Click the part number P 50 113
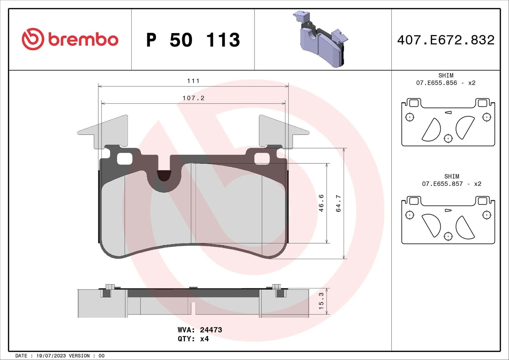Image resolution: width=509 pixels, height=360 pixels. pos(193,40)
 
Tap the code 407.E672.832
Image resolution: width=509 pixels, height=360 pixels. pos(445,40)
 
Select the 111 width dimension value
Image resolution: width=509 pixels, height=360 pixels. pos(193,81)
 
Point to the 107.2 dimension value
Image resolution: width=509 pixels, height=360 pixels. pos(193,98)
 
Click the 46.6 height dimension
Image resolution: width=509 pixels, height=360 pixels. pos(321,203)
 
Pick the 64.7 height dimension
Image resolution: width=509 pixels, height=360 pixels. pos(338,203)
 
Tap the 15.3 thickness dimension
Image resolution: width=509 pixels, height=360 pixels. pos(321,301)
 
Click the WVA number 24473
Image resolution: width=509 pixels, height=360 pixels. pos(211,330)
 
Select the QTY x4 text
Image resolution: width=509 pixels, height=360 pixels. pos(193,339)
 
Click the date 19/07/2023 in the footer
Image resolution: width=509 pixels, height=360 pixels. pos(51,356)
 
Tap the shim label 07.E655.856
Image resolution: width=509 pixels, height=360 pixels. pos(436,83)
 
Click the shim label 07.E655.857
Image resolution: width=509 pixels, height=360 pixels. pos(442,184)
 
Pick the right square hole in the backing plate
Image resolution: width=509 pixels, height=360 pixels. pos(262,159)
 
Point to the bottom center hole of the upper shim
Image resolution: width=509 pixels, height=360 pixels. pos(448,138)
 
